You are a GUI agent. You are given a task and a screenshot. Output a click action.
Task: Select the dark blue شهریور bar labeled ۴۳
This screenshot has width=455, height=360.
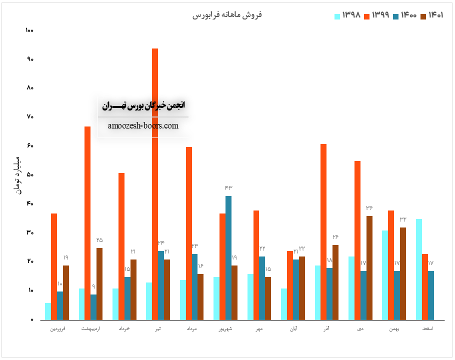(228, 257)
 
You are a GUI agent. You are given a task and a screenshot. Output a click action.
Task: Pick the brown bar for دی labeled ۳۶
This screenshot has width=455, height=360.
(369, 267)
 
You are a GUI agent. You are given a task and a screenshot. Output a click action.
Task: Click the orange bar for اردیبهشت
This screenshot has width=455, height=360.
(87, 223)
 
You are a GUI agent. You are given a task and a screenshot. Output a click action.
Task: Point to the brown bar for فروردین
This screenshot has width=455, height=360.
(66, 292)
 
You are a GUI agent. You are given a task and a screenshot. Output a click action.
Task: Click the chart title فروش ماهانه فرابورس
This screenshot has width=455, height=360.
(227, 15)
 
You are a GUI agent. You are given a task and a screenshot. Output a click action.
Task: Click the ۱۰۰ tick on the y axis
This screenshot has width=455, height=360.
(29, 30)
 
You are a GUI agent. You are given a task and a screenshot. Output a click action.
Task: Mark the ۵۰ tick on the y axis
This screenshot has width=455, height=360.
(29, 175)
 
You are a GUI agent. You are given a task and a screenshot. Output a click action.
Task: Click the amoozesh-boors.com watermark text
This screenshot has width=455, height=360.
(143, 125)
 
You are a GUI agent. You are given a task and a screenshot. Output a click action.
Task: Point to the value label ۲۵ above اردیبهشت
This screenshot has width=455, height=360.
(99, 240)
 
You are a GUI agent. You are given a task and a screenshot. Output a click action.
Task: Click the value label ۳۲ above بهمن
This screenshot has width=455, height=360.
(403, 219)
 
